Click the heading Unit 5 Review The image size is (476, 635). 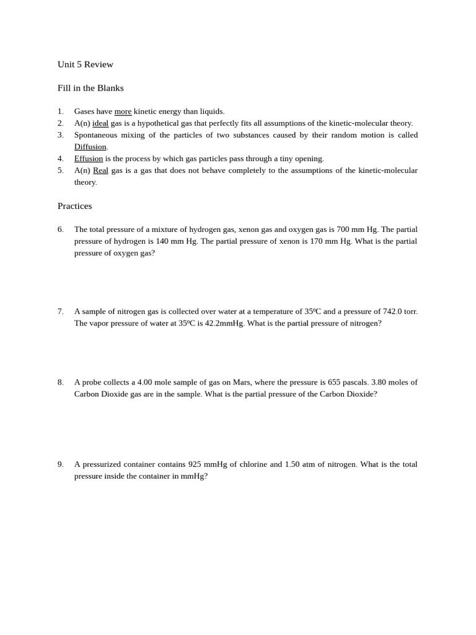point(86,64)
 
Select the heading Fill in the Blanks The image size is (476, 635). point(90,88)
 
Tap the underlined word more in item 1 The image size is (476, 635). point(123,112)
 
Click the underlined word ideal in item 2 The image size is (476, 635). point(100,123)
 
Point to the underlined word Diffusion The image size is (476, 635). point(90,147)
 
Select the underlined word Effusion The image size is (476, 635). point(89,159)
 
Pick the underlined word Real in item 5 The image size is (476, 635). point(100,171)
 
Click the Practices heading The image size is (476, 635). point(74,206)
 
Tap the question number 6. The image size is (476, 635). point(61,229)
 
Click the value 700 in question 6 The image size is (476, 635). point(343,229)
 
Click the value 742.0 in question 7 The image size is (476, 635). point(392,312)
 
